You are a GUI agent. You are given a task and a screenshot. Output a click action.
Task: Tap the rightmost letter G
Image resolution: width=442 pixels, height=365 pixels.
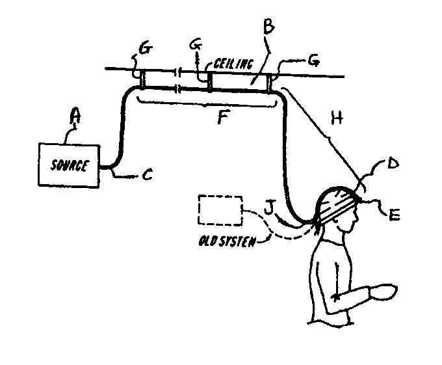coord(313,60)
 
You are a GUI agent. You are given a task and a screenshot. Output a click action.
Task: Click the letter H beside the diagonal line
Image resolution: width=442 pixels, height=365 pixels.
coord(335,118)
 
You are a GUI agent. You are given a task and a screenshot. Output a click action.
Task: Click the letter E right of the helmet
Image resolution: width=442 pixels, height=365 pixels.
coord(393,211)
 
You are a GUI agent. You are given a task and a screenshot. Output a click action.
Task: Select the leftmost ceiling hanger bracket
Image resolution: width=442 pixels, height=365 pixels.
coord(142,79)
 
